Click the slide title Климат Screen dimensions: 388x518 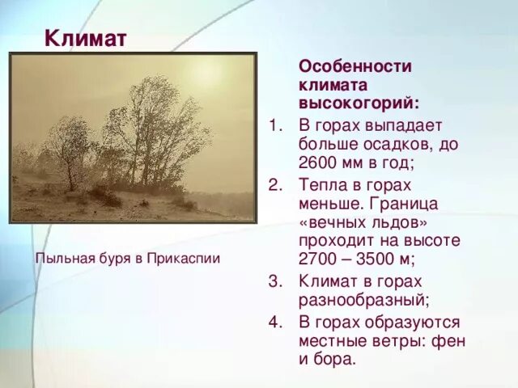tap(84, 38)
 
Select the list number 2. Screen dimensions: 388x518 tap(274, 183)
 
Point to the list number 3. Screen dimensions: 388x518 tap(274, 280)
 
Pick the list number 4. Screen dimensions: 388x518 tap(274, 320)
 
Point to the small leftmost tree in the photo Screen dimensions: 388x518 tap(69, 150)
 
